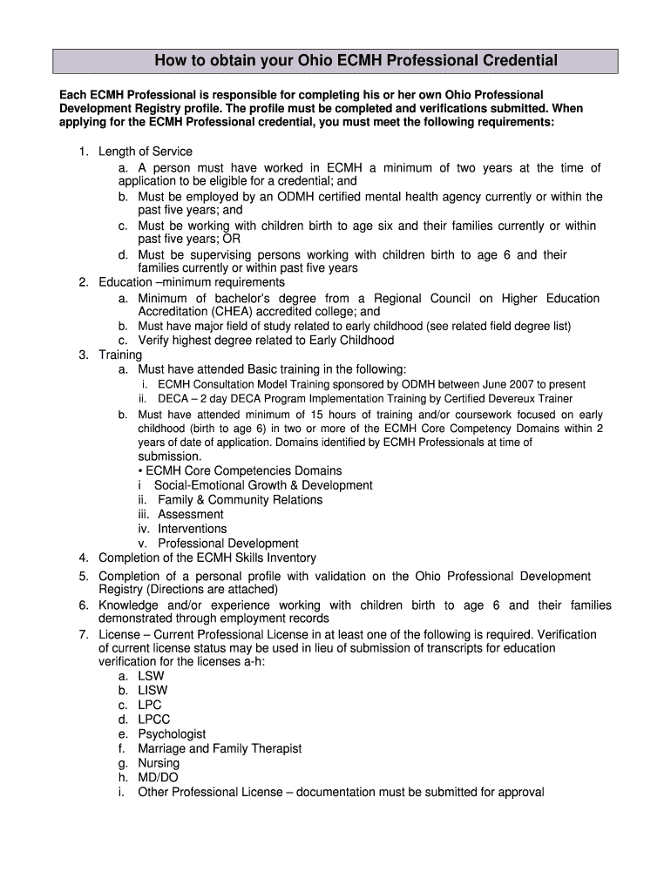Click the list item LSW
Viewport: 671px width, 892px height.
click(x=151, y=676)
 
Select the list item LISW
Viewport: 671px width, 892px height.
click(x=152, y=691)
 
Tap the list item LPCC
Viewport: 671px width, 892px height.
click(x=154, y=720)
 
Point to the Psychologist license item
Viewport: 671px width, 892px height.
click(x=172, y=734)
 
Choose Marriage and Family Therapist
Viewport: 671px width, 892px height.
click(x=220, y=748)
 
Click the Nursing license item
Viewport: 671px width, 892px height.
click(x=159, y=763)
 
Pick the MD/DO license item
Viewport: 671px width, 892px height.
click(x=158, y=778)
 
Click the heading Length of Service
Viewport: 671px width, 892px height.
click(x=146, y=152)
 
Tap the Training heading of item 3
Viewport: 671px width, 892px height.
click(x=120, y=355)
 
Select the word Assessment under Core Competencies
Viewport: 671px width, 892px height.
click(x=191, y=514)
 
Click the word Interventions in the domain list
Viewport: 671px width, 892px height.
click(x=192, y=529)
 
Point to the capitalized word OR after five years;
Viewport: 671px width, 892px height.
click(x=232, y=240)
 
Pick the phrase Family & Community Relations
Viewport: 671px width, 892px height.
click(x=240, y=500)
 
